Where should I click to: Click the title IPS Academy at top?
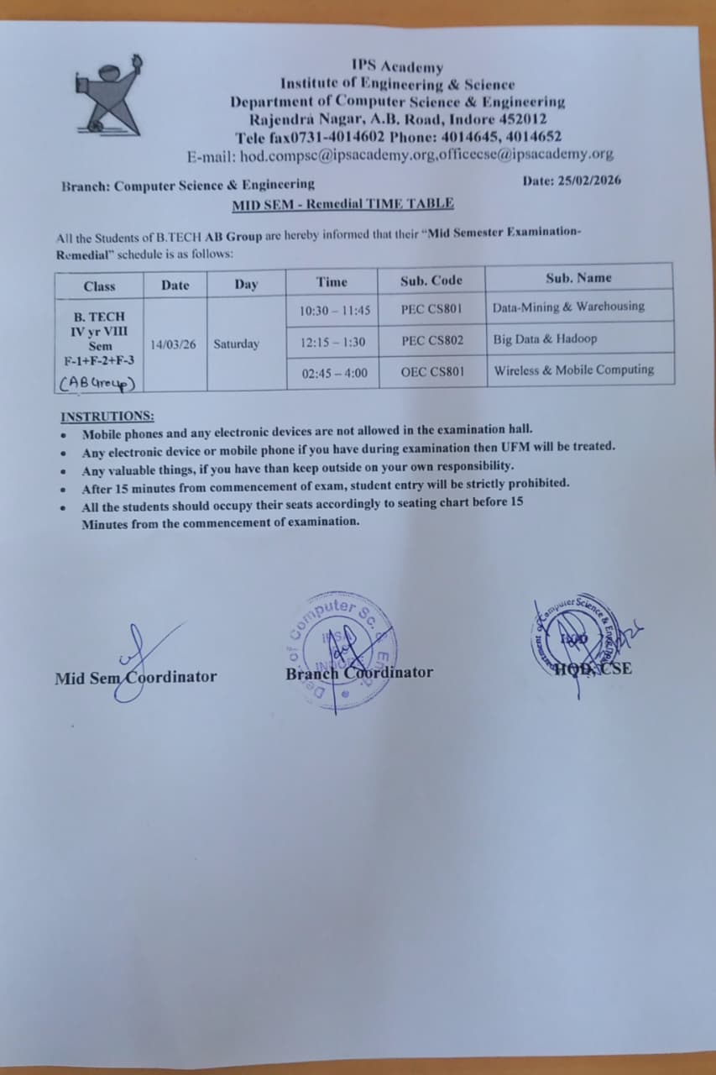point(397,66)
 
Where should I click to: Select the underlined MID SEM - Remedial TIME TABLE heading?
point(342,203)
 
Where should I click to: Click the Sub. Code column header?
point(431,281)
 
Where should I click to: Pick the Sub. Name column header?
point(578,278)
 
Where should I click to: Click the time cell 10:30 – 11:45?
point(335,311)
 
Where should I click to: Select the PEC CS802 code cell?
point(431,341)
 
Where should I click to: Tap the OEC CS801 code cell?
point(431,371)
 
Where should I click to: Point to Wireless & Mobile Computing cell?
point(573,370)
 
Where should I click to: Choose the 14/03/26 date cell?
point(173,343)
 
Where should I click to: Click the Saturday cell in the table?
point(236,343)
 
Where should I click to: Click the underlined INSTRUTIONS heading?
point(107,417)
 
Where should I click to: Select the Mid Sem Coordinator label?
point(135,677)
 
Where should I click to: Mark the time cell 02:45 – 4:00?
point(334,373)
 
